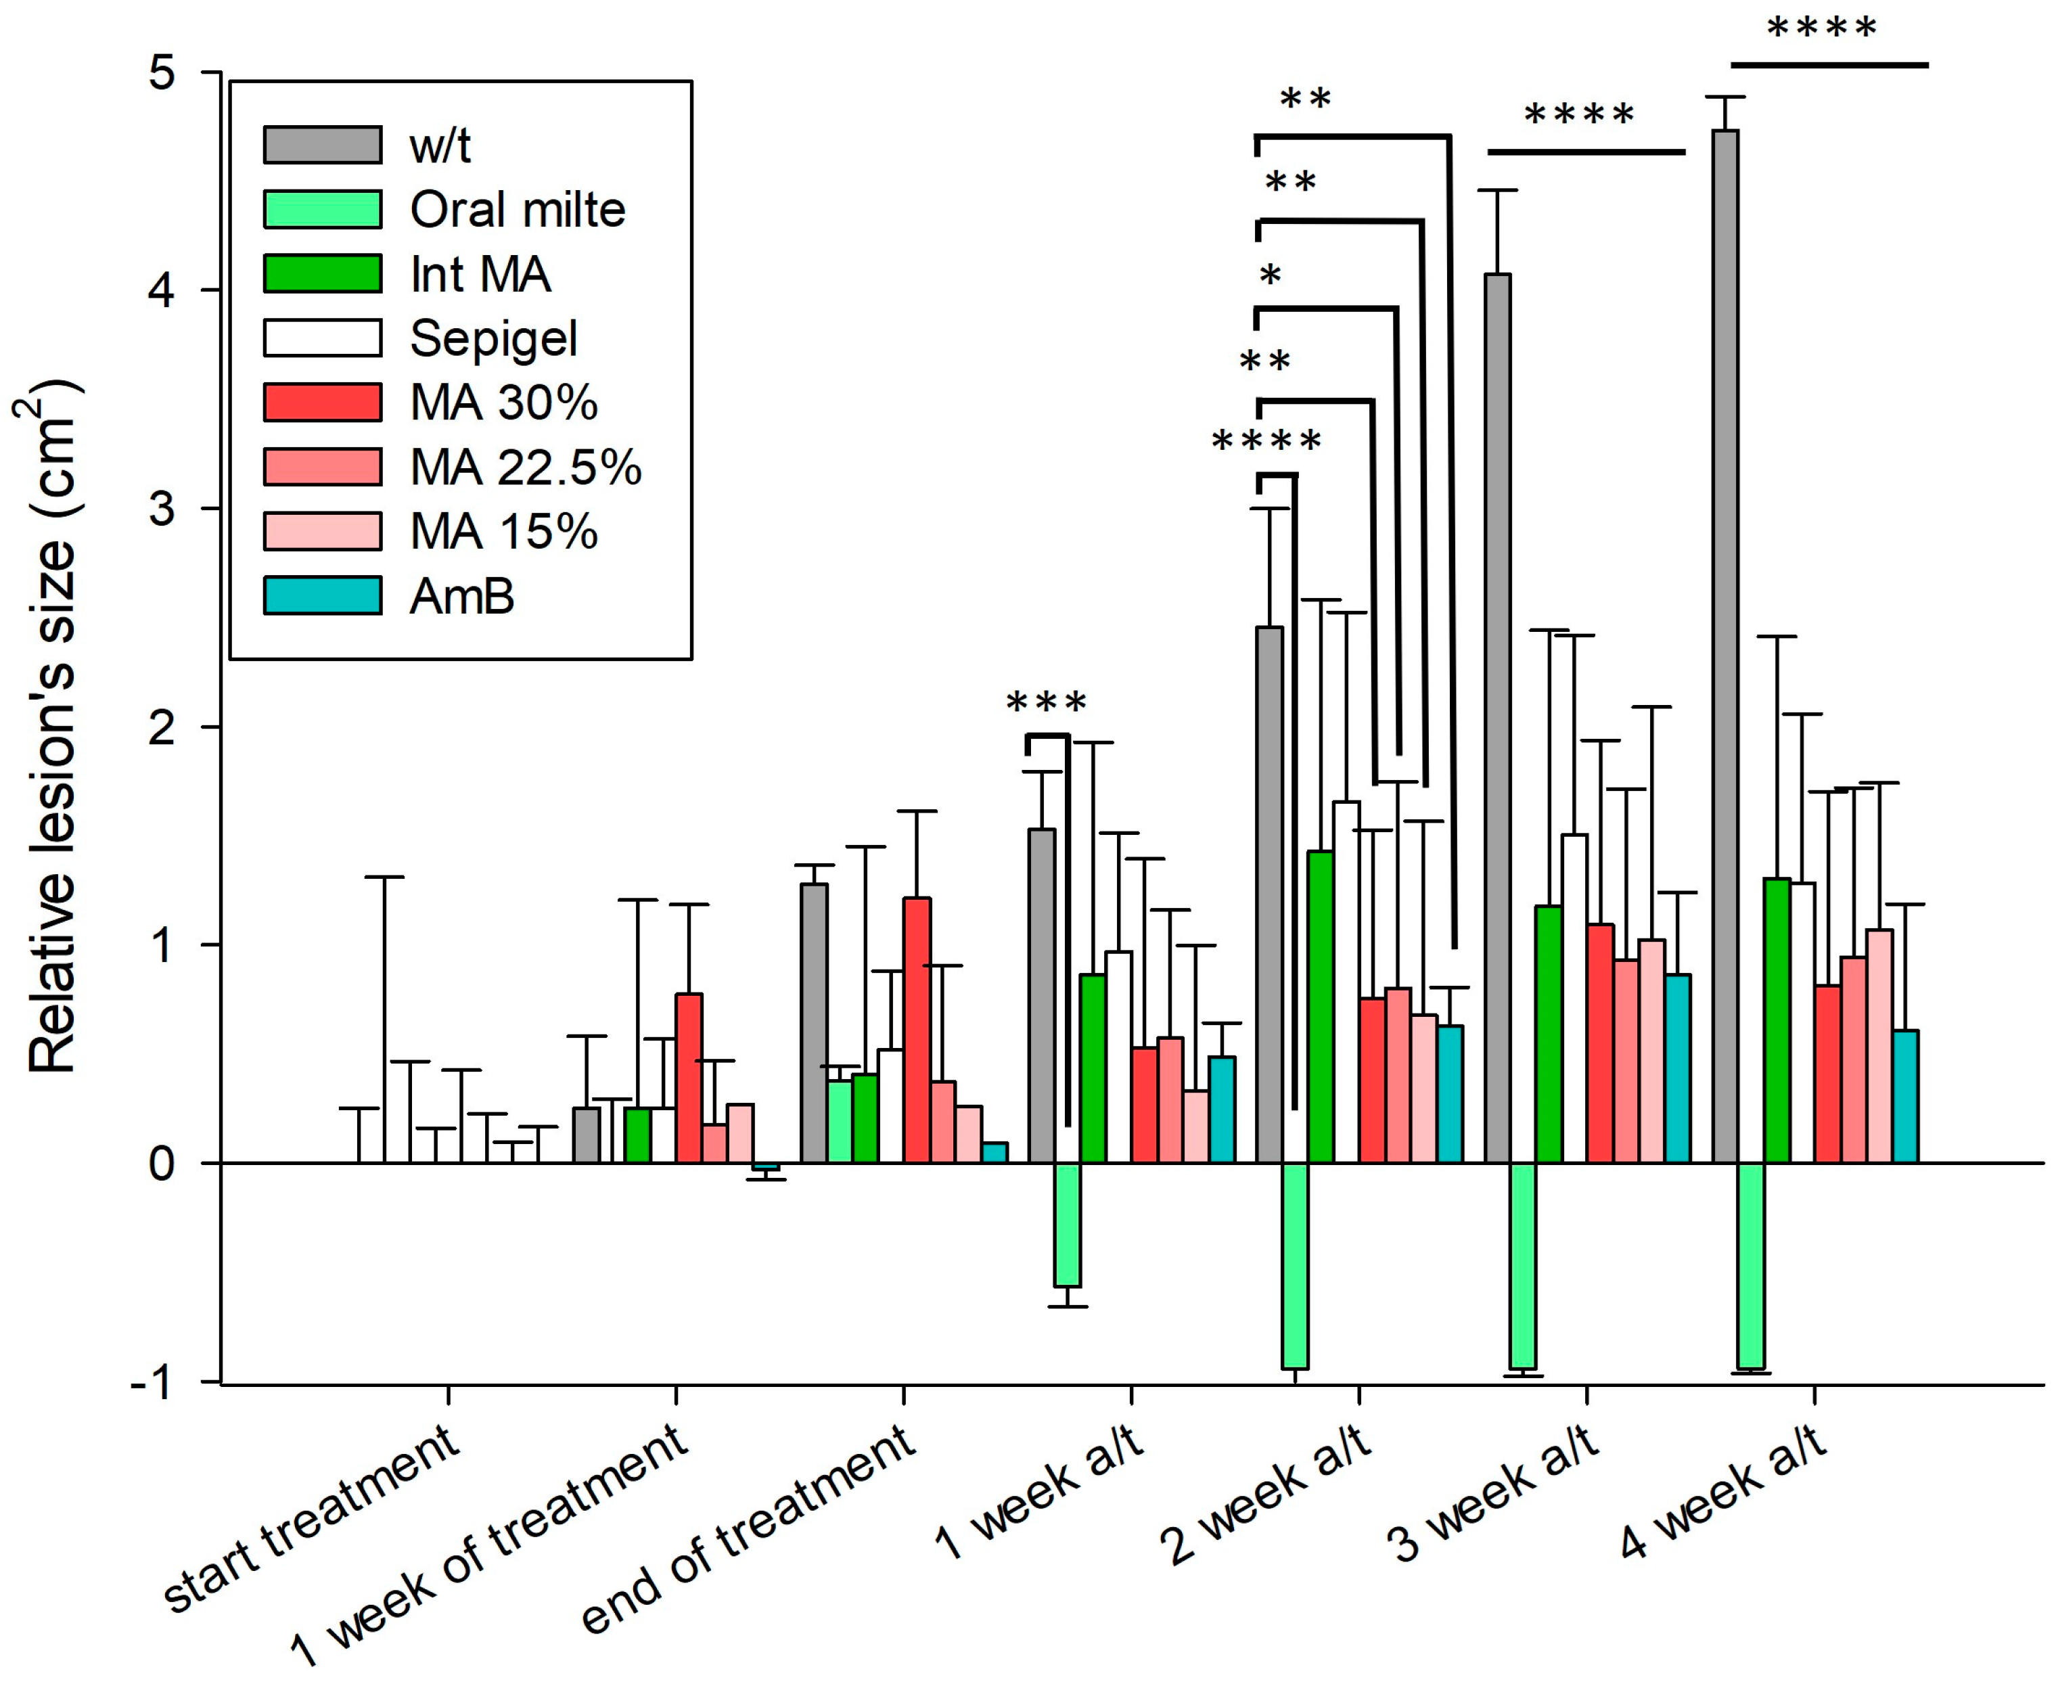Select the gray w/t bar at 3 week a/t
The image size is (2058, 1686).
[1498, 719]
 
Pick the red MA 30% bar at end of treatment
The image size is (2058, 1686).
[917, 1030]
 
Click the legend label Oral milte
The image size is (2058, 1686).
[518, 210]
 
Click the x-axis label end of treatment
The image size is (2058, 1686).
[748, 1530]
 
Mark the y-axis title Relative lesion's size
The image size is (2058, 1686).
[51, 729]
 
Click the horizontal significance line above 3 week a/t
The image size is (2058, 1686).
[1585, 152]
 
